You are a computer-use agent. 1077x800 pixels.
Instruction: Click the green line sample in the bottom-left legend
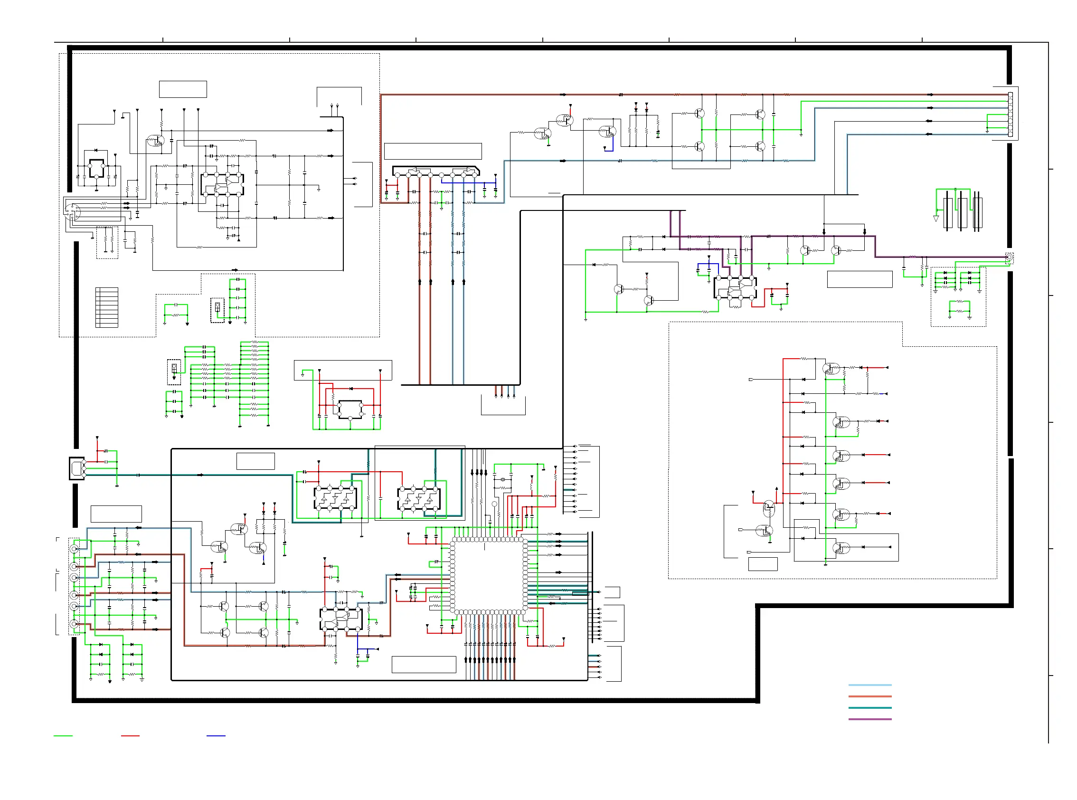63,735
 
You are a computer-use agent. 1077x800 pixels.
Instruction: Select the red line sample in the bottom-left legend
130,735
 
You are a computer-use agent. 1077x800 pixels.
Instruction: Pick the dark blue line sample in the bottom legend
216,735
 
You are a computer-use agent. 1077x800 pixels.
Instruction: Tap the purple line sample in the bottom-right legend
869,719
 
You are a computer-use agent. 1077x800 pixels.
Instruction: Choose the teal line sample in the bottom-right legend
869,708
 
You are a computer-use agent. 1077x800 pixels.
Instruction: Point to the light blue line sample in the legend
869,685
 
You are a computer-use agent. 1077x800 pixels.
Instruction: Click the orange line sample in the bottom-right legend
869,696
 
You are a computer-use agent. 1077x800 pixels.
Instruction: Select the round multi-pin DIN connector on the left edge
73,211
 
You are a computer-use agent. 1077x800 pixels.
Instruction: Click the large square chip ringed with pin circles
489,576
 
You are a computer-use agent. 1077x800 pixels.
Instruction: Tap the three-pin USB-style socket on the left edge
77,468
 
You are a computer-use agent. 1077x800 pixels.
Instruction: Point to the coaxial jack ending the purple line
1009,257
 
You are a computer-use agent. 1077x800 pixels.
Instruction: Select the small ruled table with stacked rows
107,307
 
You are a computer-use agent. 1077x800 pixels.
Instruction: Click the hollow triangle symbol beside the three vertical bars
935,219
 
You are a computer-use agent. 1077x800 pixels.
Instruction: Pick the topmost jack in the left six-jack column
74,549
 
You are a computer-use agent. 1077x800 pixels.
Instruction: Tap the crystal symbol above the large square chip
503,479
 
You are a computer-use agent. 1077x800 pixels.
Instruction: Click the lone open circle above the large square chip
494,504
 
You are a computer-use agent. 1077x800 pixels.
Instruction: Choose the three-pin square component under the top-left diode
96,169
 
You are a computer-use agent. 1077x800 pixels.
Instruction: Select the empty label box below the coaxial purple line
859,279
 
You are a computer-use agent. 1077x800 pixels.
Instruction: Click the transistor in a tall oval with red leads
769,508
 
